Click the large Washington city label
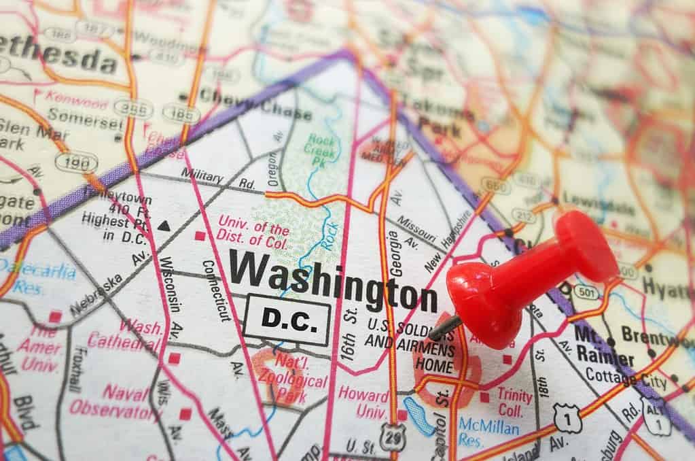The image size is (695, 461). coord(333,280)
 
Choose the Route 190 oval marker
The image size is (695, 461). coord(76,162)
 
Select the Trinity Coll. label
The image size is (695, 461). coord(514,402)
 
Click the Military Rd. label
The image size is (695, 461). coord(217,179)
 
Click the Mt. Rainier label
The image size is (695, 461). coord(604,347)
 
